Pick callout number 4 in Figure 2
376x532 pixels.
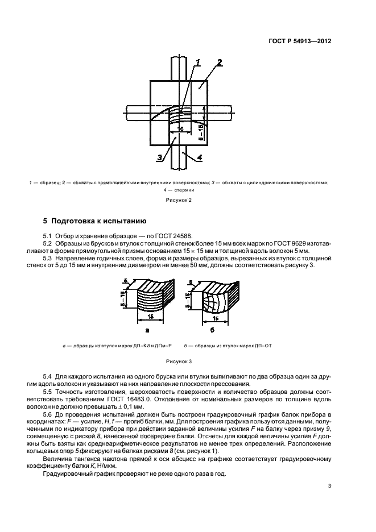click(x=200, y=157)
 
